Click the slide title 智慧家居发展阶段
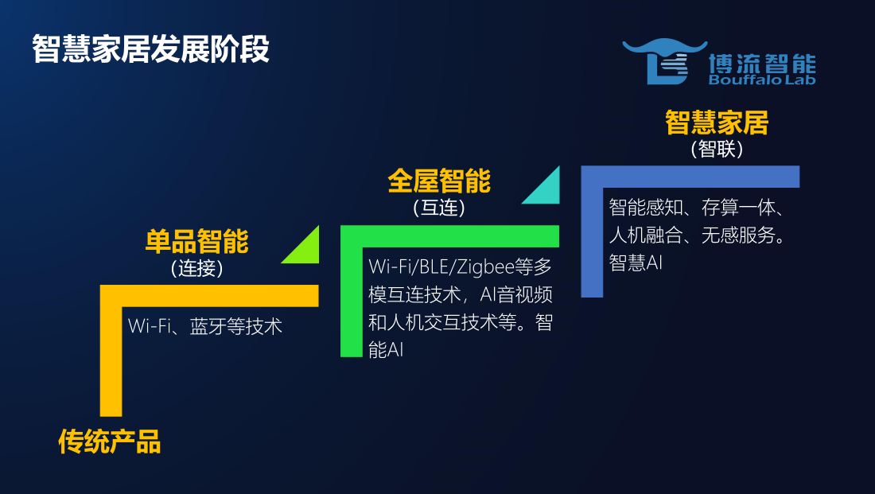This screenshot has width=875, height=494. [150, 49]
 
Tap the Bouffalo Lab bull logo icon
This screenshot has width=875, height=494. [664, 61]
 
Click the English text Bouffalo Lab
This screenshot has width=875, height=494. [762, 80]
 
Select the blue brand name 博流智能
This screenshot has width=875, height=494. [762, 63]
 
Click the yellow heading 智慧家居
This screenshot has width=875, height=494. [717, 123]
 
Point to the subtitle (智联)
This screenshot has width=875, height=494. [717, 149]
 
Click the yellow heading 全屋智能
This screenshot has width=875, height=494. [439, 181]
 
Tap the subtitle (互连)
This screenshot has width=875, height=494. [439, 208]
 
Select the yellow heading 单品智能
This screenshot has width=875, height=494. [197, 241]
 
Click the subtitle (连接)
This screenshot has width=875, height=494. [197, 269]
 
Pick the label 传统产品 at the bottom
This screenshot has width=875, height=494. [110, 441]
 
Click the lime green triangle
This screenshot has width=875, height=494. [306, 251]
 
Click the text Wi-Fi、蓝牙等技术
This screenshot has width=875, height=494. [204, 326]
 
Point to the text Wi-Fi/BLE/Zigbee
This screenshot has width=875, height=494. [441, 266]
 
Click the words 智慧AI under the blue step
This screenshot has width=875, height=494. [636, 263]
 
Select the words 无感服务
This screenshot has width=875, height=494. [737, 235]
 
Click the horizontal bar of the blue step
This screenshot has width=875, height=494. [690, 177]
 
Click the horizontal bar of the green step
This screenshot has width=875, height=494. [449, 236]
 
